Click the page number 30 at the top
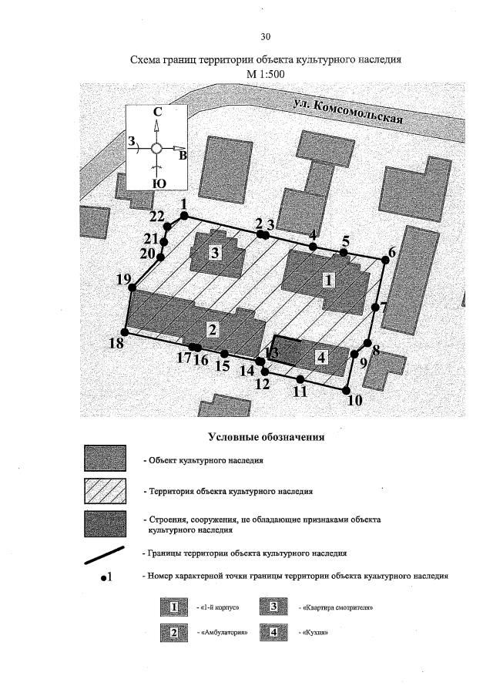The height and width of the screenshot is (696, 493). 266,36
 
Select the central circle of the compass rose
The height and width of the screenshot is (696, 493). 156,148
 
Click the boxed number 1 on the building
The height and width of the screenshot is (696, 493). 328,281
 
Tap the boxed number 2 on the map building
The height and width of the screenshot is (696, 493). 213,329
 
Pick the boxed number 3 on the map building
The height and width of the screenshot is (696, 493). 216,252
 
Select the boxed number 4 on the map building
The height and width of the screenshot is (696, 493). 321,357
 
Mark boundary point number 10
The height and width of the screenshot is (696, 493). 346,388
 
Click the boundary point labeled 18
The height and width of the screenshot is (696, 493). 127,332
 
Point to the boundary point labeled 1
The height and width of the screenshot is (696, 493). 183,216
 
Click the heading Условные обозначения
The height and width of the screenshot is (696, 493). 265,437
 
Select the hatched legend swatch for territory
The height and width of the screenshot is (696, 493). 104,490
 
